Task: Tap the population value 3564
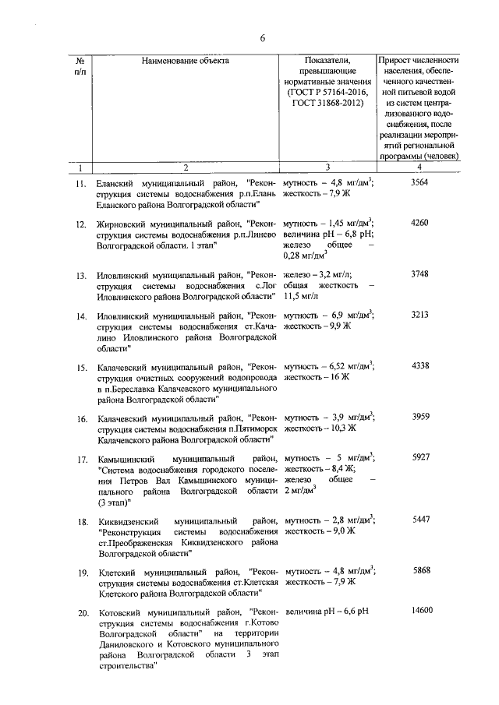[419, 182]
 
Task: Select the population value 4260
[419, 224]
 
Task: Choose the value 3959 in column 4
[419, 418]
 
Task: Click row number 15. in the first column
[81, 367]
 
